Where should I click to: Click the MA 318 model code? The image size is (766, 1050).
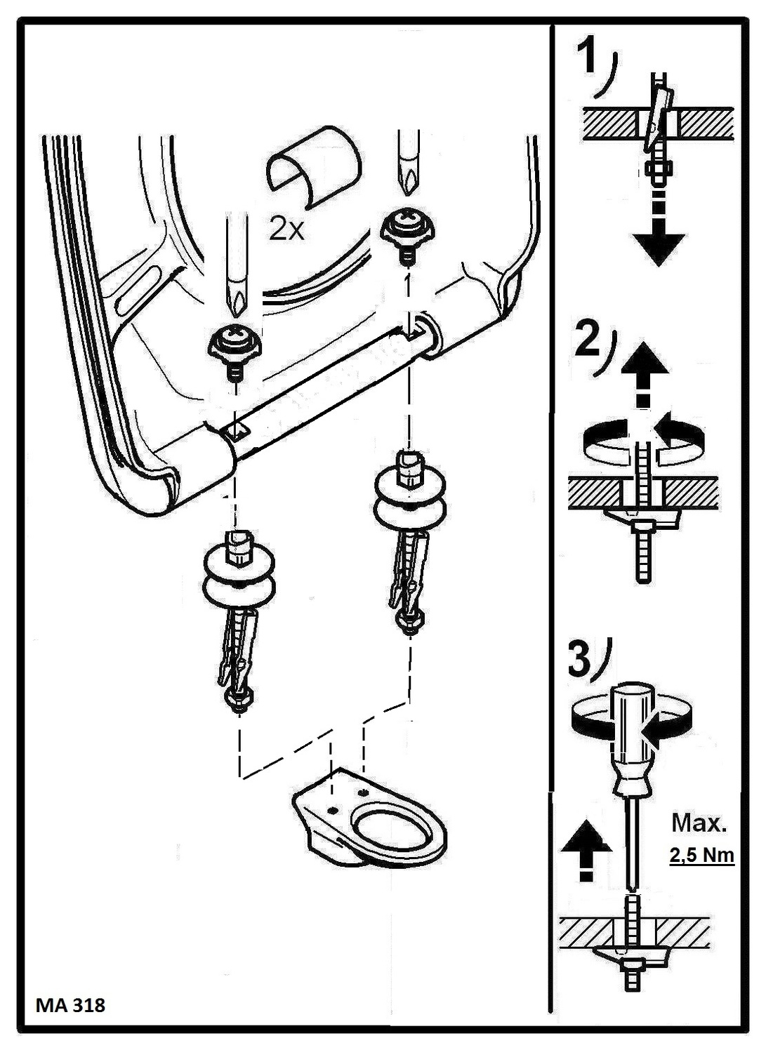pyautogui.click(x=70, y=1005)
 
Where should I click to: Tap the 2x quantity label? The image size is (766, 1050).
pyautogui.click(x=286, y=229)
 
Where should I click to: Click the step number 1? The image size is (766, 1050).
pyautogui.click(x=588, y=58)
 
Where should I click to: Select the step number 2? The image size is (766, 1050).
pyautogui.click(x=588, y=340)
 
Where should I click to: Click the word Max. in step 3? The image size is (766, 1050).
pyautogui.click(x=699, y=823)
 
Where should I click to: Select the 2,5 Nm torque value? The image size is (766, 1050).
pyautogui.click(x=701, y=855)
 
